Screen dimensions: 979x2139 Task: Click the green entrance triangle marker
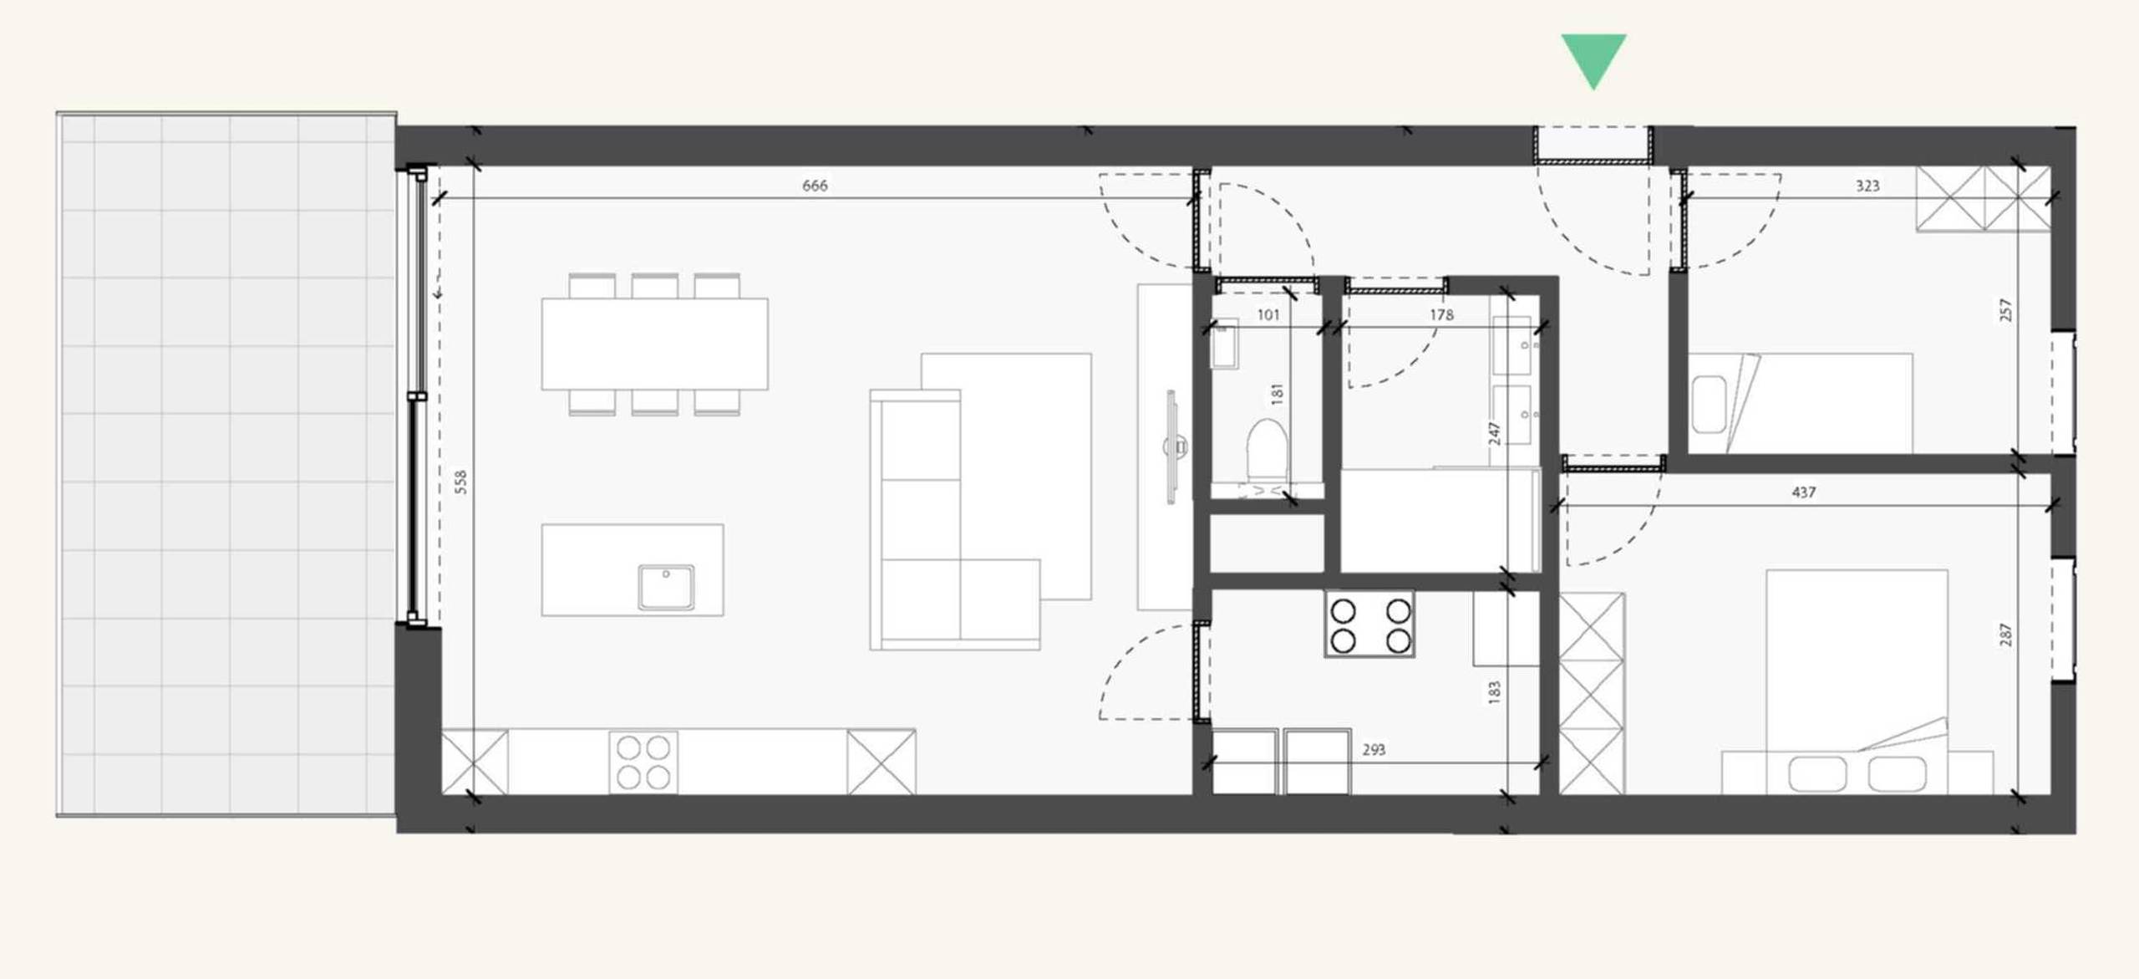(x=1593, y=56)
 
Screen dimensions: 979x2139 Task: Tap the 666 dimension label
(x=815, y=186)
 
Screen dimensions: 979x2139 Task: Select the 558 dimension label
(x=460, y=482)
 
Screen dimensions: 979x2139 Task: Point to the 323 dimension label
(x=1867, y=186)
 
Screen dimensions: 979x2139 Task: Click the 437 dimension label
(x=1804, y=492)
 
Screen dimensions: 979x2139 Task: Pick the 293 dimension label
(x=1374, y=750)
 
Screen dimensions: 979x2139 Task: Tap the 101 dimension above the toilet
(x=1268, y=315)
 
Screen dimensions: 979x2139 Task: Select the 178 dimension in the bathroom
(x=1441, y=315)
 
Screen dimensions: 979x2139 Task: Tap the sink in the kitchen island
(x=666, y=586)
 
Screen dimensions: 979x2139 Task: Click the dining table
(x=654, y=344)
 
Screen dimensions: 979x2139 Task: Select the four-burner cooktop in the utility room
(x=1370, y=625)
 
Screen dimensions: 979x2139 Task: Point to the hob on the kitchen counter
(x=643, y=762)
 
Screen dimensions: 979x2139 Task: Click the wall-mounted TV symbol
(x=1173, y=447)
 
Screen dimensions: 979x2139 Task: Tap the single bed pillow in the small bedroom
(x=1709, y=405)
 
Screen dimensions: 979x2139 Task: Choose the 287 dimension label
(x=2006, y=635)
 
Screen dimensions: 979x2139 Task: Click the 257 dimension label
(x=2006, y=310)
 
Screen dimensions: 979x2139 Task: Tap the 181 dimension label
(x=1277, y=394)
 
